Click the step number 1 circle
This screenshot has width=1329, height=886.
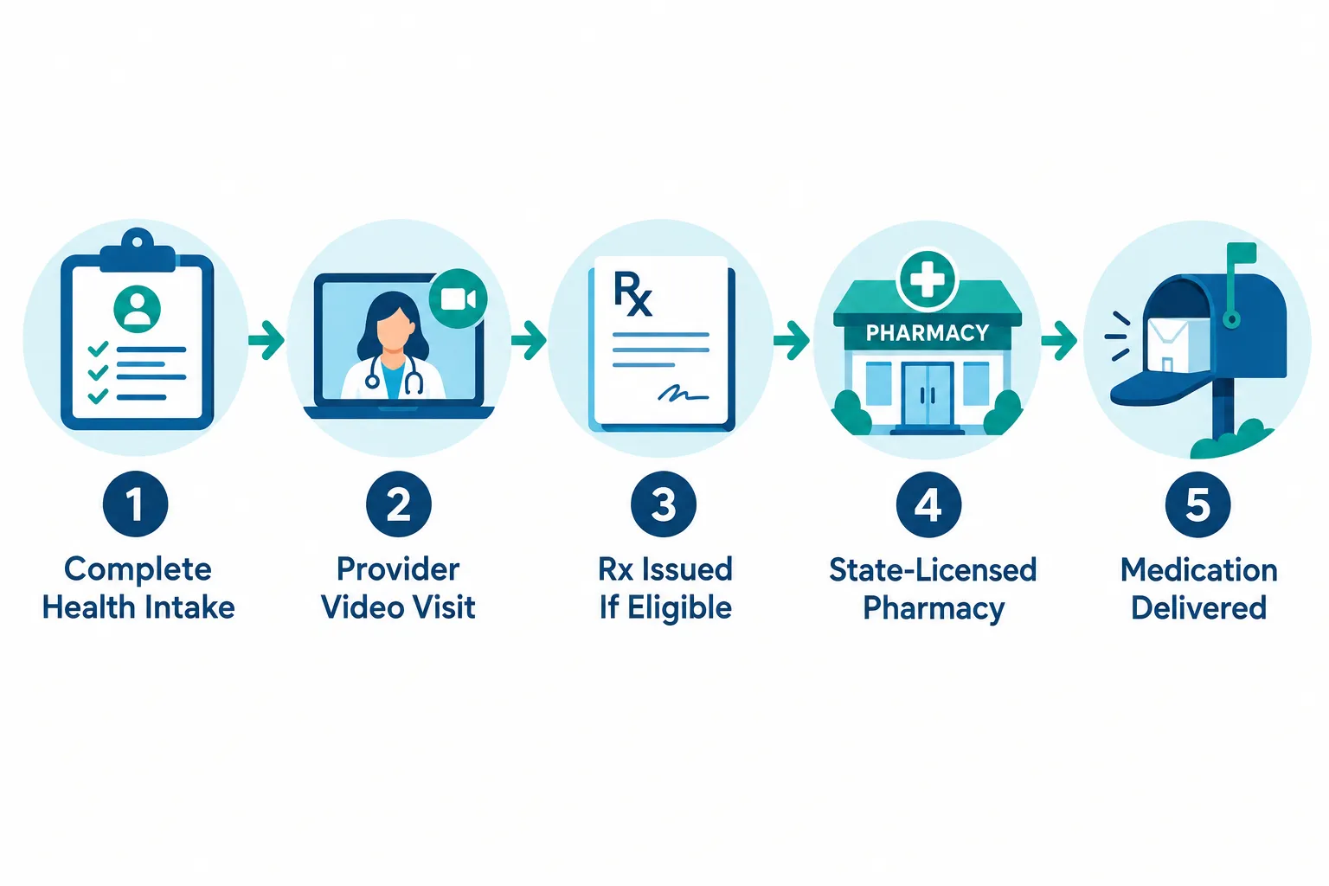[135, 504]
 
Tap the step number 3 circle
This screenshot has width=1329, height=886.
[664, 504]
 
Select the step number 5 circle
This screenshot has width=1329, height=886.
[1197, 504]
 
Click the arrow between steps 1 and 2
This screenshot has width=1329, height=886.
[266, 340]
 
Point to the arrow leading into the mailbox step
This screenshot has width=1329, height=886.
[1059, 341]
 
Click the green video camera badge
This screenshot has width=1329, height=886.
[458, 299]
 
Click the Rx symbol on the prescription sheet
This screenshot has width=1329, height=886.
[633, 293]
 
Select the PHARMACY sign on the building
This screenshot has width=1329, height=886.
[928, 333]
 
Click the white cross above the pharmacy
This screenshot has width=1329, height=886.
[928, 280]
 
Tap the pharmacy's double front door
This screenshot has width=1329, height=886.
[928, 394]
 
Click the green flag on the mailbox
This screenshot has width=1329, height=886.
[1242, 254]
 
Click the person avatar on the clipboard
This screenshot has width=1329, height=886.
[137, 309]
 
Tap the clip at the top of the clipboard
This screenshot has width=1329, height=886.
[137, 250]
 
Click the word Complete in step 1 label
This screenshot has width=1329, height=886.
[138, 569]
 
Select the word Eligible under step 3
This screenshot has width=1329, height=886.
[679, 607]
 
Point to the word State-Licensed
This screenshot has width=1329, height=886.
[933, 569]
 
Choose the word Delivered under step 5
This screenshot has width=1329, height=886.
[1198, 607]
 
